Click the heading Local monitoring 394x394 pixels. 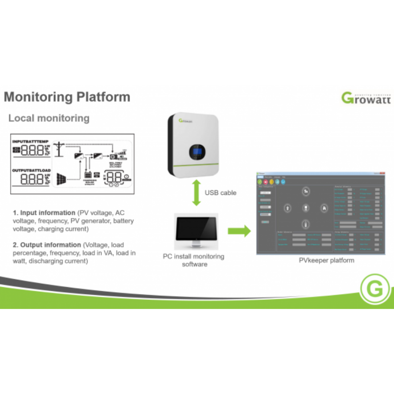tap(49, 118)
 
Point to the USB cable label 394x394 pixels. tap(220, 193)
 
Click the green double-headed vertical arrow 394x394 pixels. tap(196, 193)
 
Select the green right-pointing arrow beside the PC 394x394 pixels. tap(239, 231)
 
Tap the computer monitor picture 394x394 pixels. tap(196, 229)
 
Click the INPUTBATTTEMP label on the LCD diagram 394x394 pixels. tap(31, 141)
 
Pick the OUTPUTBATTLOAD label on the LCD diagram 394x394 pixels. tap(31, 170)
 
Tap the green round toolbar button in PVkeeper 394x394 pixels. tap(260, 181)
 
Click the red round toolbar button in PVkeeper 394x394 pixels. tap(266, 181)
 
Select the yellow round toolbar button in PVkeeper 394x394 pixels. tap(271, 181)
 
